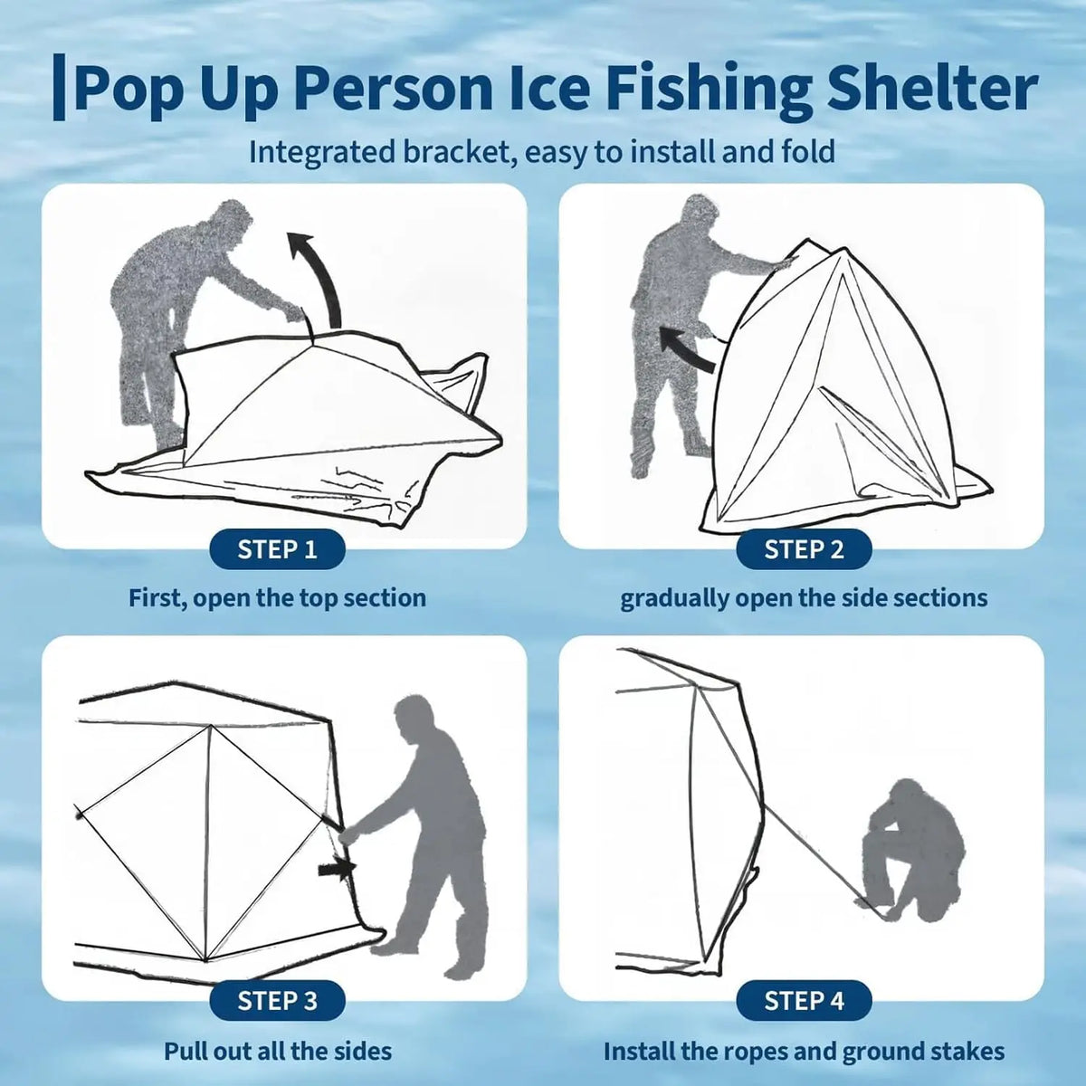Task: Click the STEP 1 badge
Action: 277,549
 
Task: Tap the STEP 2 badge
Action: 804,549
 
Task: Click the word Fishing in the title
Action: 710,90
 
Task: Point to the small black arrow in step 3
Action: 337,870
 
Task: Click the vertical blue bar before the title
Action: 59,88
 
